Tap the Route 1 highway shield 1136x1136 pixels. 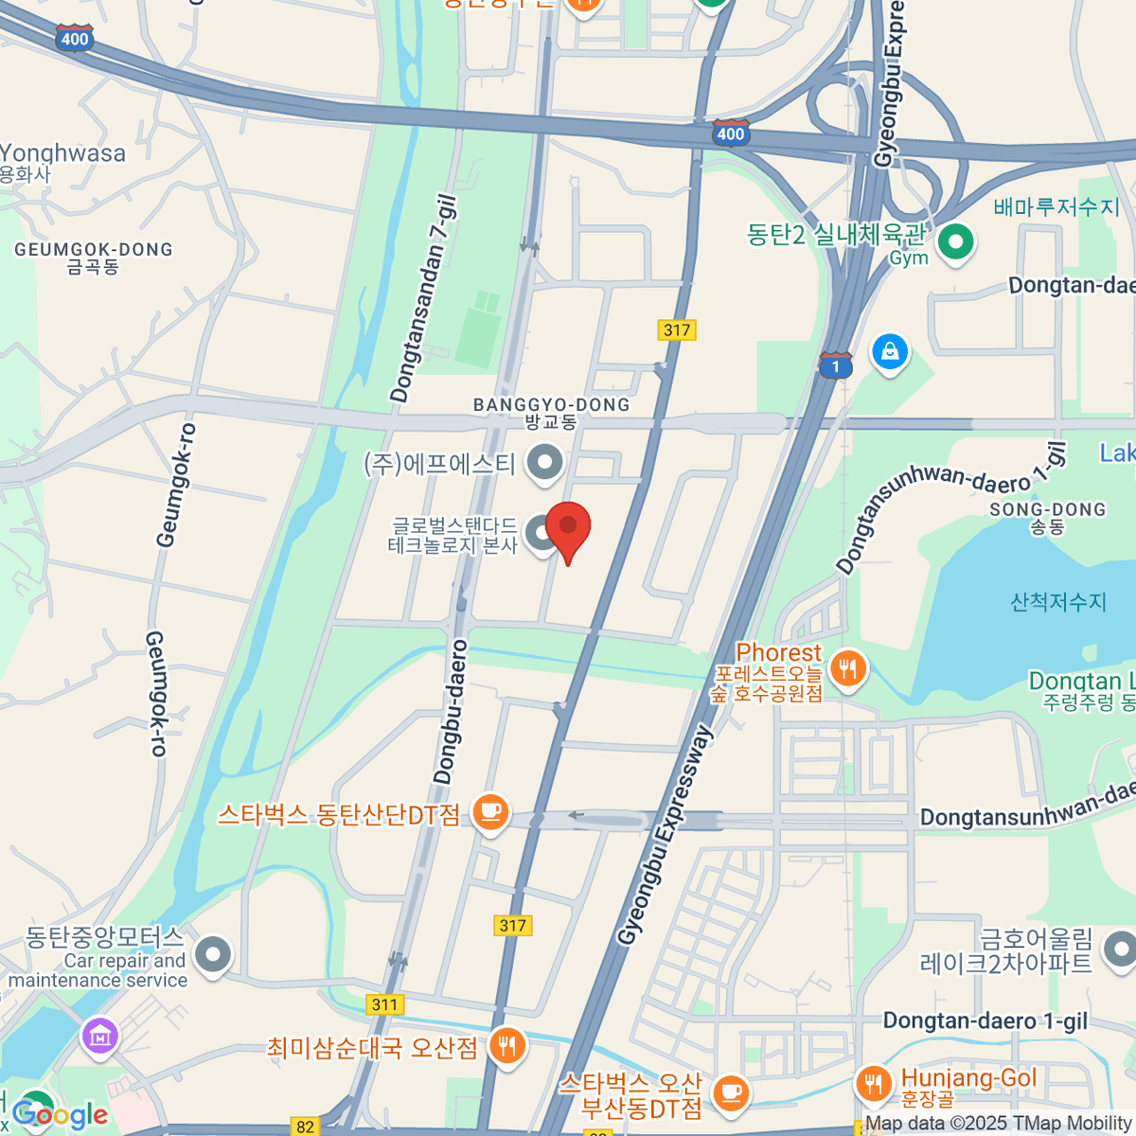click(x=835, y=365)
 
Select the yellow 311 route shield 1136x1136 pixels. click(x=385, y=1004)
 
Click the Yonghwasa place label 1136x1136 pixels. click(x=62, y=153)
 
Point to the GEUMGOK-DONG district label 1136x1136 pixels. click(x=94, y=250)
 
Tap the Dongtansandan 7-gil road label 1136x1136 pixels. click(x=423, y=299)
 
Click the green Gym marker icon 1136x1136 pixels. click(x=955, y=242)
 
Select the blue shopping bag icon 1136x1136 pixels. click(x=889, y=352)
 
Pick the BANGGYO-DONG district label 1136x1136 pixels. click(x=551, y=405)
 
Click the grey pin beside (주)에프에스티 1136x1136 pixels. click(x=544, y=463)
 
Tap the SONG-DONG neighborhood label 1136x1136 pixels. click(x=1047, y=510)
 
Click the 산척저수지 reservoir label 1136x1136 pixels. click(x=1058, y=601)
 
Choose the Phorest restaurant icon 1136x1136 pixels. click(x=847, y=669)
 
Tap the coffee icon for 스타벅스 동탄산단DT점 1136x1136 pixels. click(x=490, y=812)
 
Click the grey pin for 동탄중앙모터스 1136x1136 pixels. click(x=212, y=954)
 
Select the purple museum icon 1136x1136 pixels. click(x=100, y=1038)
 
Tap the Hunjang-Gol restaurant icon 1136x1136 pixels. click(x=872, y=1083)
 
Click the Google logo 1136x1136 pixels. click(x=61, y=1115)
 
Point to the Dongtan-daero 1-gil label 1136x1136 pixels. click(x=985, y=1021)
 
